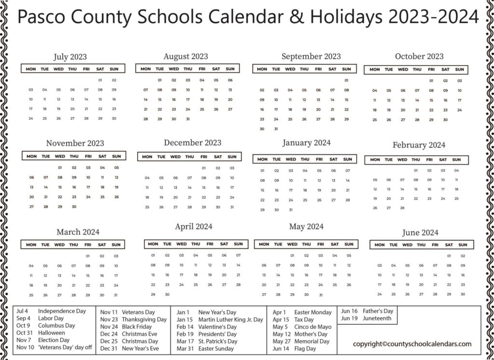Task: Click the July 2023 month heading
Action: [x=70, y=57]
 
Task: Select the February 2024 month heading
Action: [x=419, y=145]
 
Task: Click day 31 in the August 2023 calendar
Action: [x=188, y=119]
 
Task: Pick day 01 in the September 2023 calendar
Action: [x=346, y=80]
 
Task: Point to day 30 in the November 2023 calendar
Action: [x=74, y=207]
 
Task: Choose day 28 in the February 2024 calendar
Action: [x=402, y=208]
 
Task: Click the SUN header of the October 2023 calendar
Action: [x=459, y=69]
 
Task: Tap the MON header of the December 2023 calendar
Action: [x=147, y=157]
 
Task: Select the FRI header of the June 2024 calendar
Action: [x=435, y=245]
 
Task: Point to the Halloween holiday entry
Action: [x=52, y=333]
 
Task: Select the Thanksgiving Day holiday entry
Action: [x=144, y=319]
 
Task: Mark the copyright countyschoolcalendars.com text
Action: [x=412, y=344]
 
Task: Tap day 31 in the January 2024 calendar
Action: [x=290, y=210]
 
